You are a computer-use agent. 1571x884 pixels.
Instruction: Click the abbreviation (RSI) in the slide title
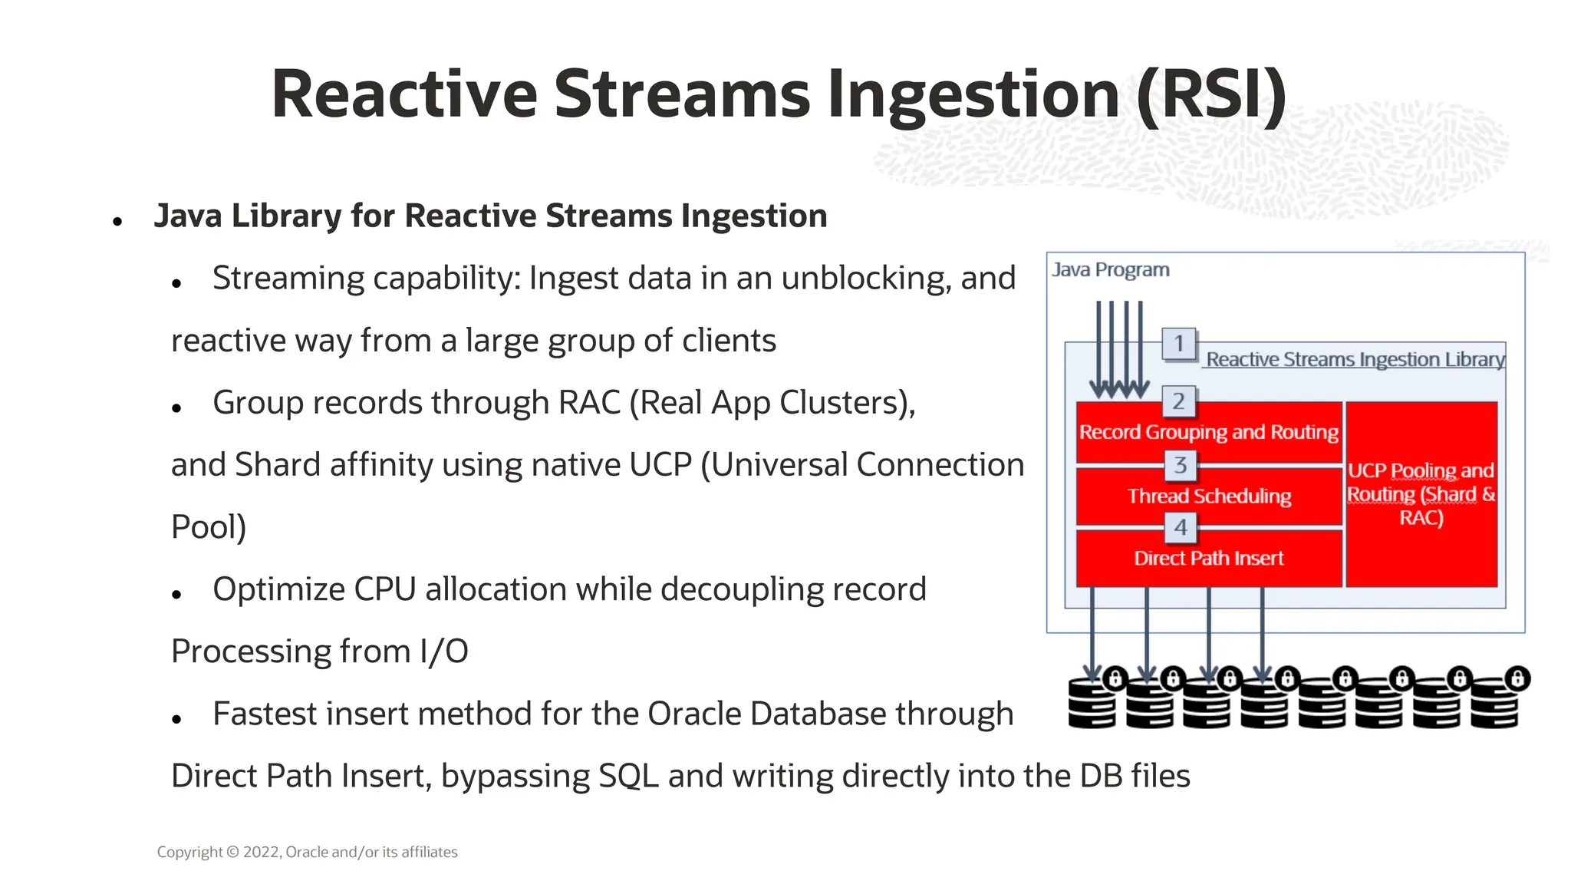pyautogui.click(x=1210, y=95)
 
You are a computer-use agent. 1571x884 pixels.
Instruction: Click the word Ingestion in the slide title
pyautogui.click(x=973, y=95)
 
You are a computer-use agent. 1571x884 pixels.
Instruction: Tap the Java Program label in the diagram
pyautogui.click(x=1110, y=270)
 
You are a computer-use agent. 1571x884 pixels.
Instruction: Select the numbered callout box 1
pyautogui.click(x=1179, y=343)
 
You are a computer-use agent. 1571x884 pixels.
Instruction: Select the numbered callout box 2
pyautogui.click(x=1179, y=401)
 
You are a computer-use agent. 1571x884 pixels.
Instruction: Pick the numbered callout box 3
pyautogui.click(x=1180, y=464)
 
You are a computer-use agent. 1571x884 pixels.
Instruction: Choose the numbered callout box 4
pyautogui.click(x=1180, y=527)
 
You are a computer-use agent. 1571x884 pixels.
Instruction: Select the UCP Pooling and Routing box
pyautogui.click(x=1421, y=494)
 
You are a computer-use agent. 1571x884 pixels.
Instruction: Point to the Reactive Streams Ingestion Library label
pyautogui.click(x=1355, y=359)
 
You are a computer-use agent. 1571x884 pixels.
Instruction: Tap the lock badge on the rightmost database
pyautogui.click(x=1517, y=678)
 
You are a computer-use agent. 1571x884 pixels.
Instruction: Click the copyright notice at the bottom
pyautogui.click(x=307, y=852)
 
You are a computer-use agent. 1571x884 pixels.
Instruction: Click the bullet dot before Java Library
pyautogui.click(x=117, y=223)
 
